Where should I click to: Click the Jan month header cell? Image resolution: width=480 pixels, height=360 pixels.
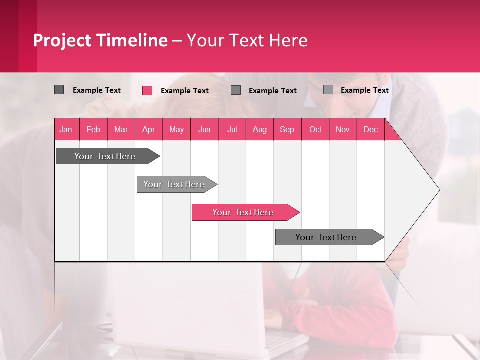(66, 129)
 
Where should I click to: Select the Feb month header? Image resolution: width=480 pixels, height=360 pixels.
(93, 129)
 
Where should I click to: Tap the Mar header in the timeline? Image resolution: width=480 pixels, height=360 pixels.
(121, 129)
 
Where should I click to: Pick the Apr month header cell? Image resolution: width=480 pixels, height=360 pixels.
(148, 129)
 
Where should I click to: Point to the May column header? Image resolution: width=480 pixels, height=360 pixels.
(176, 129)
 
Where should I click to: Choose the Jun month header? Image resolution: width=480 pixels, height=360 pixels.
(204, 129)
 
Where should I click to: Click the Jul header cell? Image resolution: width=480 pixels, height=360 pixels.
(232, 129)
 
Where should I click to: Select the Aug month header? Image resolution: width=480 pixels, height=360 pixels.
(259, 129)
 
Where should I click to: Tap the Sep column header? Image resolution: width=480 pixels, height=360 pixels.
(287, 129)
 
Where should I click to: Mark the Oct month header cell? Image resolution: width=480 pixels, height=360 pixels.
(315, 129)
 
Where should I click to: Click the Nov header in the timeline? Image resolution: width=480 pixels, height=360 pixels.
(343, 129)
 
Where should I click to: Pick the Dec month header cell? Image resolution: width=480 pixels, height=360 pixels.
(370, 129)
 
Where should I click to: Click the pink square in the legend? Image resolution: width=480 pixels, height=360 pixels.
(147, 90)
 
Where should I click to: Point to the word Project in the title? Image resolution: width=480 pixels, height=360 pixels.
(62, 40)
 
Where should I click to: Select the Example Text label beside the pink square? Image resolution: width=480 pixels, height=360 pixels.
(184, 91)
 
